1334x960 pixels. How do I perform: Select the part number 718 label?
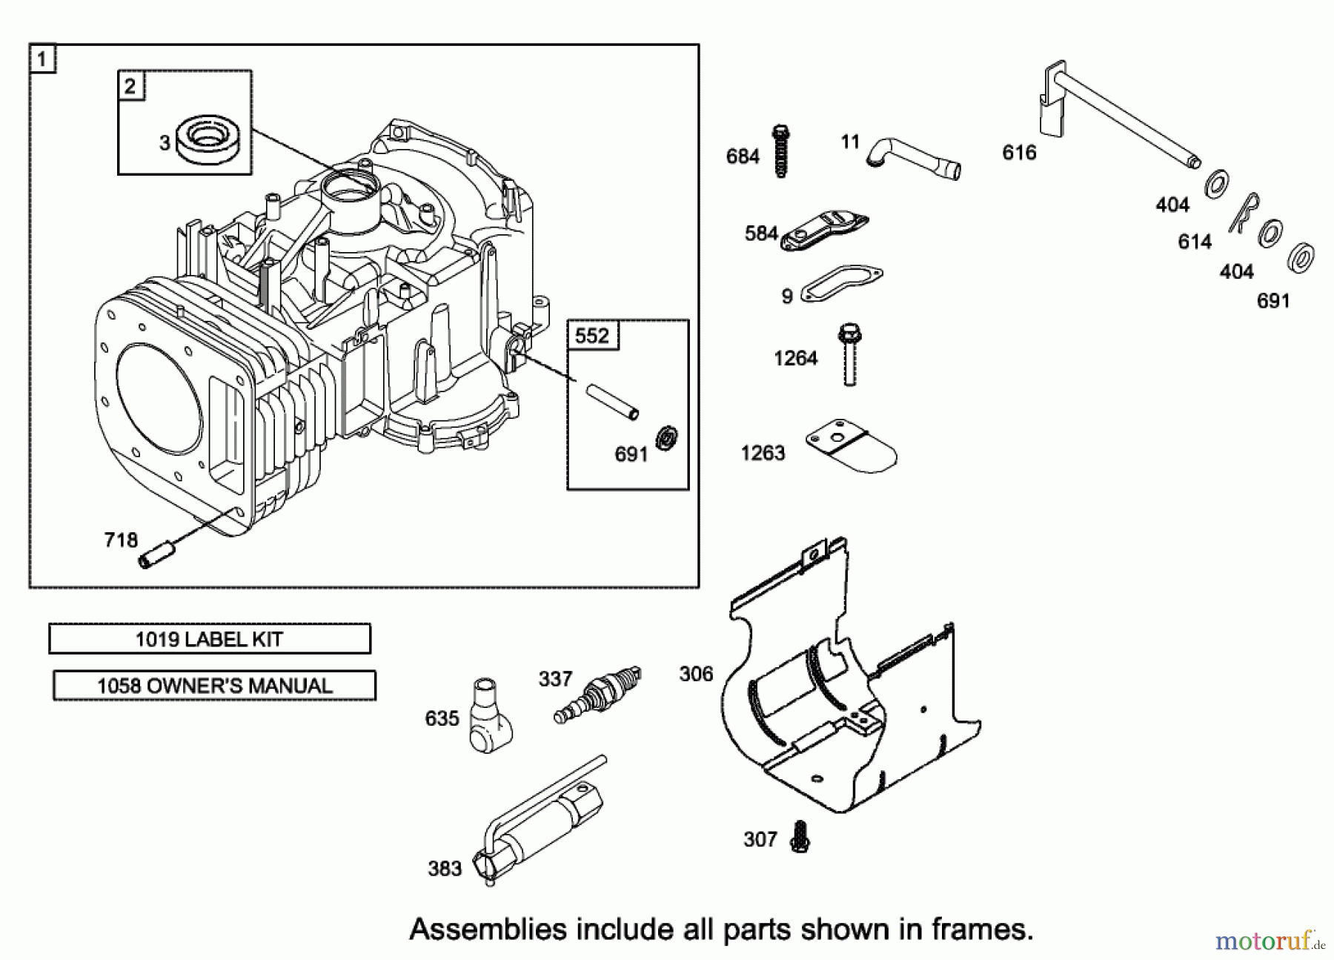[x=121, y=540]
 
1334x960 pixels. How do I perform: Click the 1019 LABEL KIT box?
[x=210, y=639]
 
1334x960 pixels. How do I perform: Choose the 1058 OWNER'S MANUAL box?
[x=214, y=686]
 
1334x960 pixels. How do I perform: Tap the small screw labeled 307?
[x=799, y=836]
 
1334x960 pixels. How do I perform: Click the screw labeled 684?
[x=780, y=151]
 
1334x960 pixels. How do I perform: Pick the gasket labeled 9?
[x=843, y=283]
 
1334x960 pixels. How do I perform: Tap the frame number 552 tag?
[x=592, y=336]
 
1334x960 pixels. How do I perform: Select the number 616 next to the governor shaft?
[x=1019, y=153]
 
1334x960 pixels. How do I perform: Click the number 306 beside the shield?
[x=696, y=674]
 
